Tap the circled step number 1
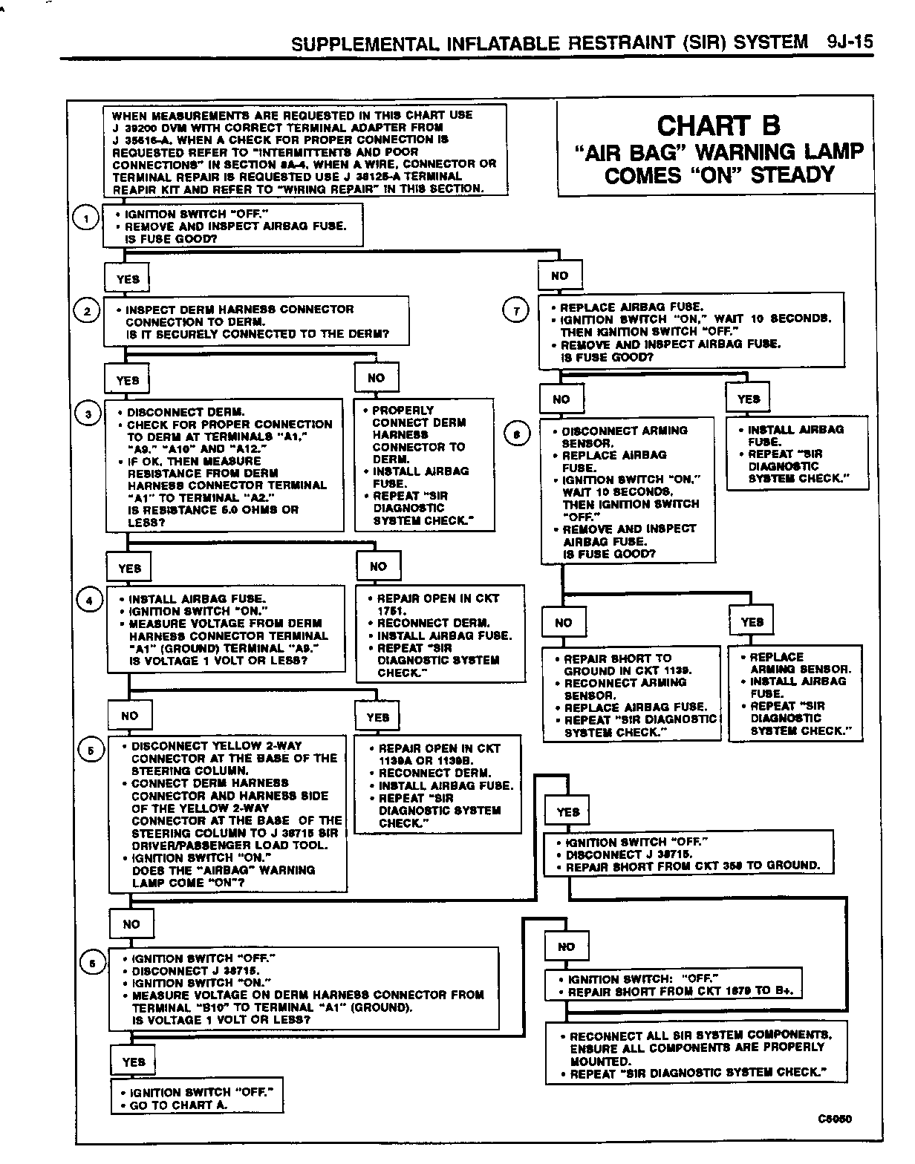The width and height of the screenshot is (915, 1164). click(87, 218)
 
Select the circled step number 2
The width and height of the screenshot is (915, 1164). click(87, 311)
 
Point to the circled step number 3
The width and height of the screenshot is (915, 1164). click(88, 414)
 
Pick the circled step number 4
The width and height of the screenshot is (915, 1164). click(90, 601)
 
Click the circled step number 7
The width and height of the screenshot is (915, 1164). click(515, 310)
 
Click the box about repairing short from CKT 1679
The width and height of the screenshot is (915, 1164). click(673, 985)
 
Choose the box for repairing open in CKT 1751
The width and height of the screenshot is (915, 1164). click(440, 635)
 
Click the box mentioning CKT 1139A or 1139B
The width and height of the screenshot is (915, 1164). click(437, 785)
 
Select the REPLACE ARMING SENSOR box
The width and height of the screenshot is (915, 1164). click(795, 693)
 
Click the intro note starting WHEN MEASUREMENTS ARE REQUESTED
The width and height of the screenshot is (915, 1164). click(305, 151)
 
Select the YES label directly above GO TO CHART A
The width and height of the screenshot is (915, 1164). click(134, 1062)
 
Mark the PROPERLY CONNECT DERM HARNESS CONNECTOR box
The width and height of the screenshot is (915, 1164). click(423, 465)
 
